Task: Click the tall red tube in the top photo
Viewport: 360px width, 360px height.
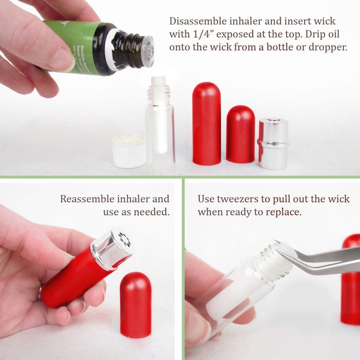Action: point(206,123)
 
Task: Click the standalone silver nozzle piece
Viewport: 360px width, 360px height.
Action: point(273,144)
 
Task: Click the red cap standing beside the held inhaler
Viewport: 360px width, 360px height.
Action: point(136,304)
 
